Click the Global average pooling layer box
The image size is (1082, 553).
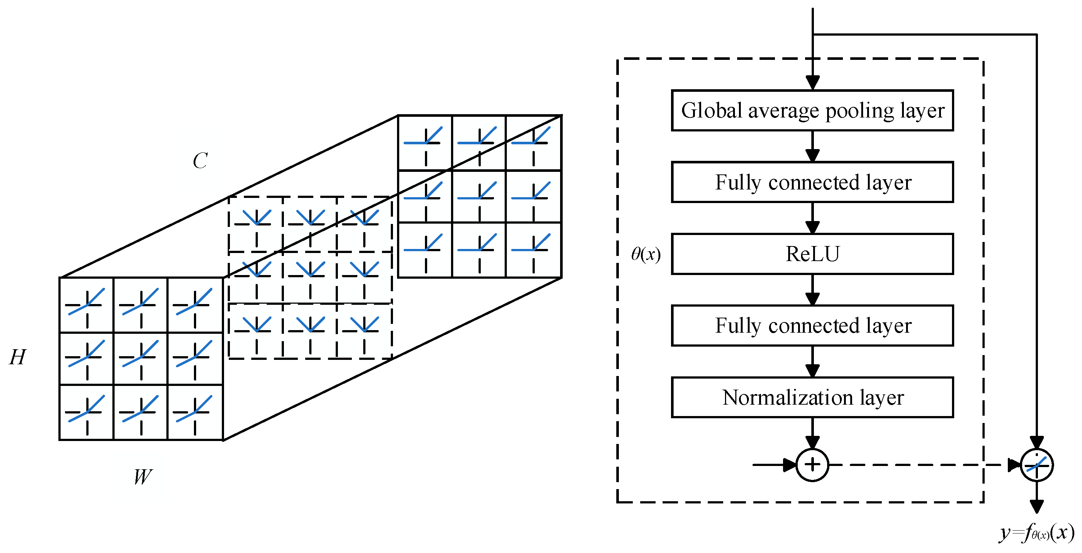[x=812, y=111]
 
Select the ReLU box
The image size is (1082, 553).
[x=812, y=254]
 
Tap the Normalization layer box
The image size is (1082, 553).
[x=812, y=397]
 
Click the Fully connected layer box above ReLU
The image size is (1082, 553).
[x=812, y=182]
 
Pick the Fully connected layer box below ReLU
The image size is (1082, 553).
[x=812, y=325]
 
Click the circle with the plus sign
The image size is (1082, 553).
[x=812, y=465]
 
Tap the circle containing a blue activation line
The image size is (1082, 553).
[x=1036, y=465]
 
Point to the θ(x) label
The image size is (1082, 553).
[x=646, y=254]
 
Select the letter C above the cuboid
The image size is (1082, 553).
[x=200, y=161]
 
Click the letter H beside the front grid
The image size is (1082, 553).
[x=18, y=357]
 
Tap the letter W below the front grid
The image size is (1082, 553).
[x=143, y=477]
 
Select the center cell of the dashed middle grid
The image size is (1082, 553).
[x=310, y=278]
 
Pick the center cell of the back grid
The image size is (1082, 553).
[x=479, y=196]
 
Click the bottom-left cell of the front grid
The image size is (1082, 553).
[x=87, y=412]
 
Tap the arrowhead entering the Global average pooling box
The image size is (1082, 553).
[x=812, y=83]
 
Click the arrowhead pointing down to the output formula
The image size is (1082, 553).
[x=1036, y=506]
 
